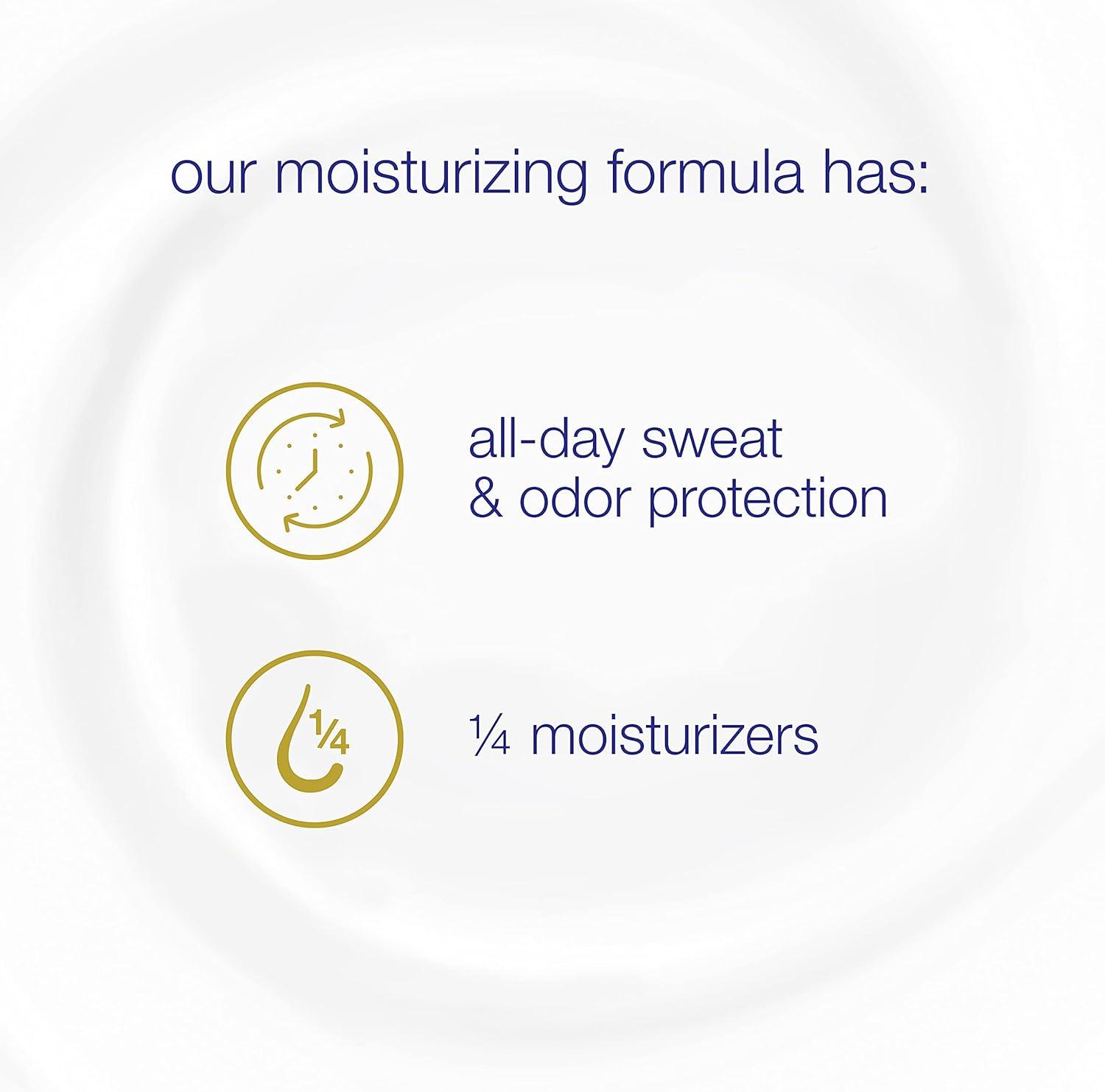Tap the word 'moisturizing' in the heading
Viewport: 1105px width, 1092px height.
[x=431, y=177]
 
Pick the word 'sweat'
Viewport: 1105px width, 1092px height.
[x=711, y=440]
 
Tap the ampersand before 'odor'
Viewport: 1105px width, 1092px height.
[x=486, y=499]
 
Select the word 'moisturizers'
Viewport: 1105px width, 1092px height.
[x=674, y=736]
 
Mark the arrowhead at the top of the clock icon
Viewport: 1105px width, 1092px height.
[x=337, y=421]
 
